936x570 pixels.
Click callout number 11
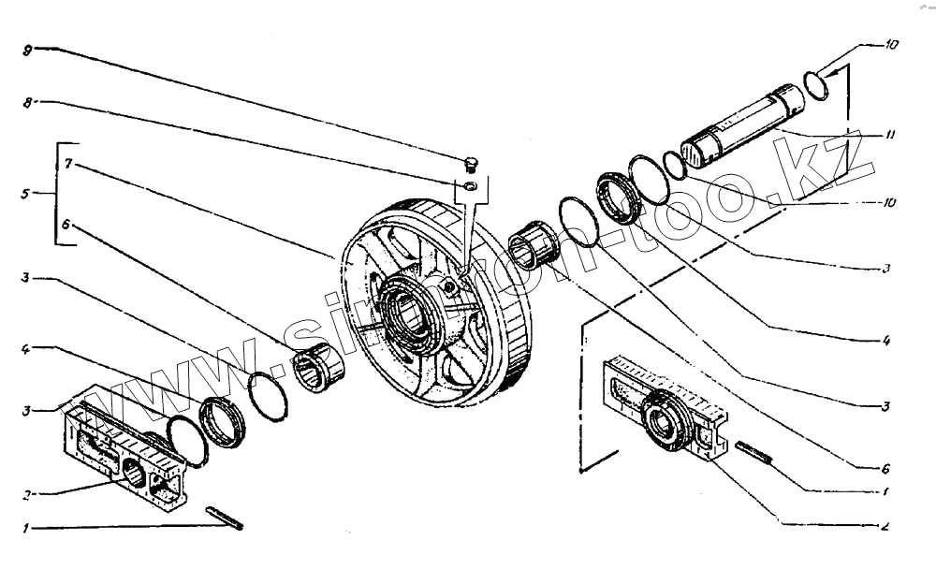pyautogui.click(x=889, y=135)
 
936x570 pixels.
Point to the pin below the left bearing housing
pyautogui.click(x=226, y=517)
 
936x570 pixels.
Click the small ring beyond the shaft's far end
pyautogui.click(x=817, y=81)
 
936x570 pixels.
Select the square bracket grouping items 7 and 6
pyautogui.click(x=59, y=195)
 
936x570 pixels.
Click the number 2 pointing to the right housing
pyautogui.click(x=884, y=525)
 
